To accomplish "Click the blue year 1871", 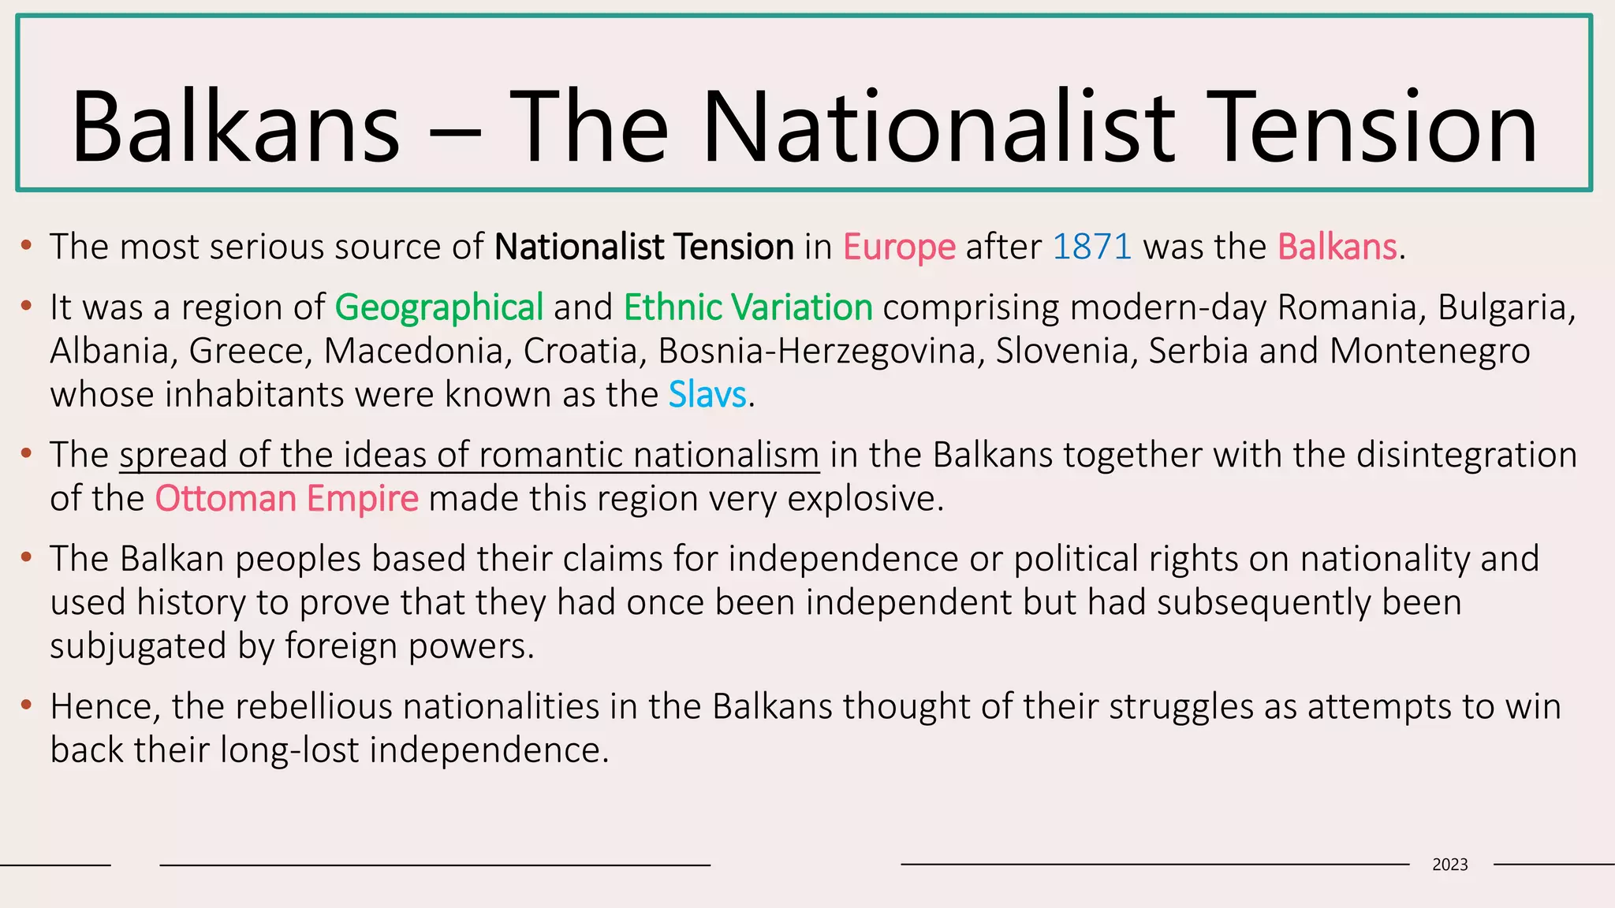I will pos(1092,247).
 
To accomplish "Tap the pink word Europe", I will pos(899,247).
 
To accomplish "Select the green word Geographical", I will pos(439,307).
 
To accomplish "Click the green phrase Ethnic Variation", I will pos(748,307).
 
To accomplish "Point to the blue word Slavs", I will pos(707,394).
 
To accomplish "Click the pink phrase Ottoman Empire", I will pos(286,499).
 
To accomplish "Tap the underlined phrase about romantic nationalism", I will pos(469,456).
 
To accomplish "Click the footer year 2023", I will pos(1449,865).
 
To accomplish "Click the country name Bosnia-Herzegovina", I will pos(821,352).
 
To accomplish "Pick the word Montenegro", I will pos(1429,352).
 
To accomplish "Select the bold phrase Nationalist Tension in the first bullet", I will pos(643,247).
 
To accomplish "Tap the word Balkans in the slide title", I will pos(235,128).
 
